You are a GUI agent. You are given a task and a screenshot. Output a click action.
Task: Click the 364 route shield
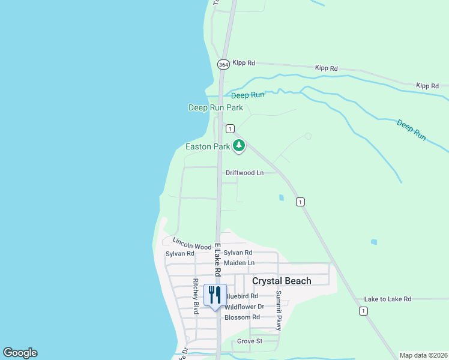click(x=223, y=64)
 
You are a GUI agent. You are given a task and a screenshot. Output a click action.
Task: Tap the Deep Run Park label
click(x=215, y=108)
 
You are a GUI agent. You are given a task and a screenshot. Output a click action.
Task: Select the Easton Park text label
click(x=208, y=146)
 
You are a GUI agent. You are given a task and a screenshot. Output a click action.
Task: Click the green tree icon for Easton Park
click(x=239, y=145)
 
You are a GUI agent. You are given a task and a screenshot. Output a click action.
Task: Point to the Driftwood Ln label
click(x=244, y=173)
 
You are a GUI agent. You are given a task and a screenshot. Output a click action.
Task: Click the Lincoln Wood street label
click(x=191, y=243)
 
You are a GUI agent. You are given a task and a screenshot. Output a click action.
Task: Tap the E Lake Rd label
click(x=217, y=260)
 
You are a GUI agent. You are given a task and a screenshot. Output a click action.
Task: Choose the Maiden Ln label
click(x=239, y=263)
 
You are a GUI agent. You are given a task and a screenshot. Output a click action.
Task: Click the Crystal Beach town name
click(x=282, y=281)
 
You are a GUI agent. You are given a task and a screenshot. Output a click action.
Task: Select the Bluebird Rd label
click(x=242, y=296)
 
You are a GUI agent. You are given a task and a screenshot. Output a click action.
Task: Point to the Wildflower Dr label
click(x=244, y=307)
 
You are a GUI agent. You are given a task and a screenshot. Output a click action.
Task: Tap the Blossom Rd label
click(x=242, y=317)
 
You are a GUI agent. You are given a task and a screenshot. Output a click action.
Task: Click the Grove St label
click(x=250, y=341)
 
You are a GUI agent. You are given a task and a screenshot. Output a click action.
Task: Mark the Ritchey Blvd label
click(x=196, y=296)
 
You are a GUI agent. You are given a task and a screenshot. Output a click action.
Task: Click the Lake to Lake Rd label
click(x=387, y=299)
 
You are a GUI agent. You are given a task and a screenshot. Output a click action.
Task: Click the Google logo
click(x=20, y=353)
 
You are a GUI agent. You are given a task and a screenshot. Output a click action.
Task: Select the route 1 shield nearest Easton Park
click(x=229, y=129)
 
